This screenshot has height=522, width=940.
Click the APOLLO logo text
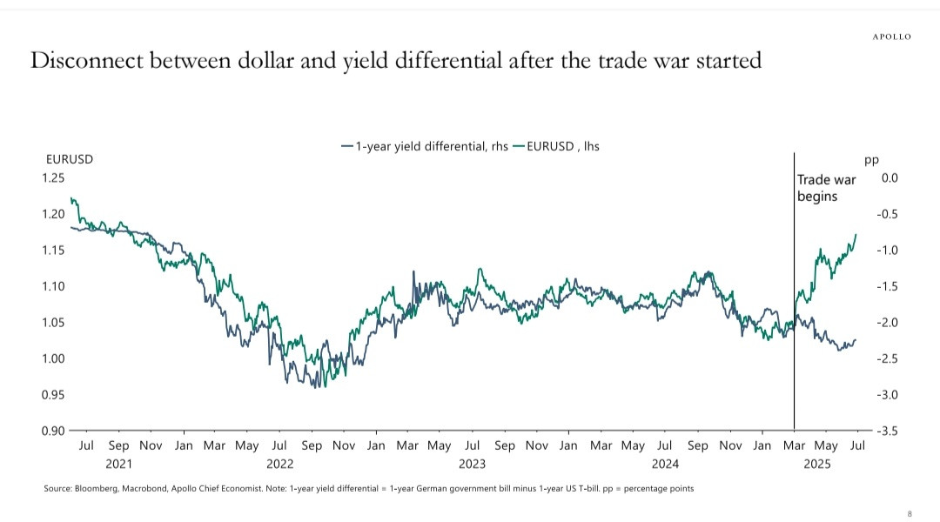[x=892, y=37]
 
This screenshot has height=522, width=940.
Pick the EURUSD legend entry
[x=557, y=146]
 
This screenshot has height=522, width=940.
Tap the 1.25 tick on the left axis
[x=53, y=178]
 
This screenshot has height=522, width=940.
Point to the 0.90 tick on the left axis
[x=53, y=431]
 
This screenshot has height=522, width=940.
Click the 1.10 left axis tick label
[x=53, y=286]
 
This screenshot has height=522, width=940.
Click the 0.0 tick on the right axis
[x=889, y=178]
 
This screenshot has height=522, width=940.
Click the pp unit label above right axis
[x=871, y=160]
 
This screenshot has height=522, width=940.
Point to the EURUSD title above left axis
[x=69, y=160]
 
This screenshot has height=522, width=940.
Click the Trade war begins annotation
[x=826, y=188]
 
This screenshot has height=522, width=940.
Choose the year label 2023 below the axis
[x=472, y=465]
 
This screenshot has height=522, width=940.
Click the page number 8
[x=910, y=513]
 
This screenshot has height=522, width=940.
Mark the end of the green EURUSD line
[x=856, y=234]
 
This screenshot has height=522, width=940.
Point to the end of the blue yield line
[x=856, y=340]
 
